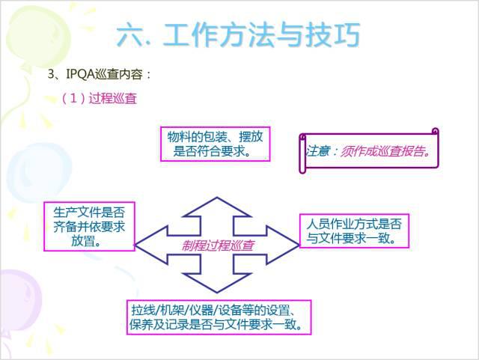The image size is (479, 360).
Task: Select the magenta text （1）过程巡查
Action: coord(99,98)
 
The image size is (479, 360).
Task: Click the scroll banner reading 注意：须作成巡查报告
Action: coord(367,150)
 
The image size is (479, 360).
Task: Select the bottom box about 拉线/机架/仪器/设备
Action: coord(217,317)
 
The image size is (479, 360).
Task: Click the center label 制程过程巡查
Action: coord(217,245)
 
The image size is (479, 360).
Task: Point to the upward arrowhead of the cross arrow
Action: coord(217,206)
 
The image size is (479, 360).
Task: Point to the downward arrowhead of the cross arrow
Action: coord(217,284)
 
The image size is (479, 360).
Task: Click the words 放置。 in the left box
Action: coord(88,242)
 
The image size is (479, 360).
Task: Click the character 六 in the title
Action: coord(132,34)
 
